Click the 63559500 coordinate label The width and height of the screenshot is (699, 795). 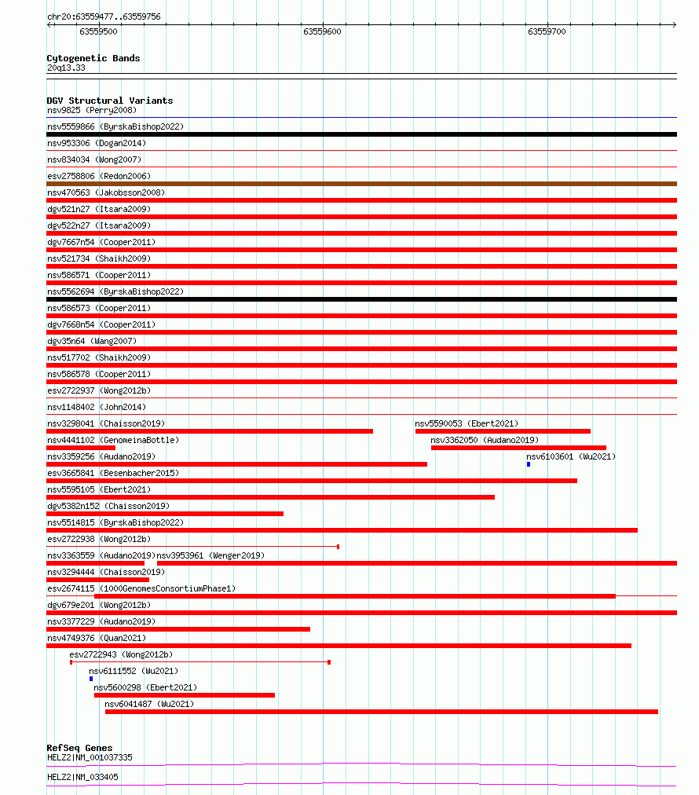pos(98,31)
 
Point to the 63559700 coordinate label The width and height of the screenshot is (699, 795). pos(547,31)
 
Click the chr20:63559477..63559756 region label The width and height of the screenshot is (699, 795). pos(104,16)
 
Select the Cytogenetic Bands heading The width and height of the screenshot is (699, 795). pos(93,58)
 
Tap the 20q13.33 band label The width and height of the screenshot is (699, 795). pos(66,68)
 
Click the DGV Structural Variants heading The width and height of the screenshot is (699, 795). pos(109,101)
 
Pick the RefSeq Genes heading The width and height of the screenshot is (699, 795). pos(79,748)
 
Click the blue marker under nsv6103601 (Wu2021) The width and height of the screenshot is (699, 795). pos(529,464)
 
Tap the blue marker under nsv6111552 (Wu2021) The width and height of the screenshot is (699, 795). pos(91,679)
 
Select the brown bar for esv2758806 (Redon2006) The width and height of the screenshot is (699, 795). pos(361,184)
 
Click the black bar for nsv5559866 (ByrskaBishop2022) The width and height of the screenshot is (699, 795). pos(361,134)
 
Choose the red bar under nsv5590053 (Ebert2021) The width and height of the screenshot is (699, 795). pos(503,431)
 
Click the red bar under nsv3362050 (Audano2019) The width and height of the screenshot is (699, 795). pos(518,448)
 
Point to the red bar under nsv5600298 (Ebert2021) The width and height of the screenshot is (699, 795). pos(185,695)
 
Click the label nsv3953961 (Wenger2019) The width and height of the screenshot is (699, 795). pos(210,555)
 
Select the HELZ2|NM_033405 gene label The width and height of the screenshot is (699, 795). pos(83,777)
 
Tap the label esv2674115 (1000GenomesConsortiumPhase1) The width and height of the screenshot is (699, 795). pos(141,588)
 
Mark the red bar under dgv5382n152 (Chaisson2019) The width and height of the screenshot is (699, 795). pos(165,514)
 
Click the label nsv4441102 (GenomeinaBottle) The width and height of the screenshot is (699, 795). pos(112,440)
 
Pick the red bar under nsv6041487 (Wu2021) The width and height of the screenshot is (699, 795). pos(382,712)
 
